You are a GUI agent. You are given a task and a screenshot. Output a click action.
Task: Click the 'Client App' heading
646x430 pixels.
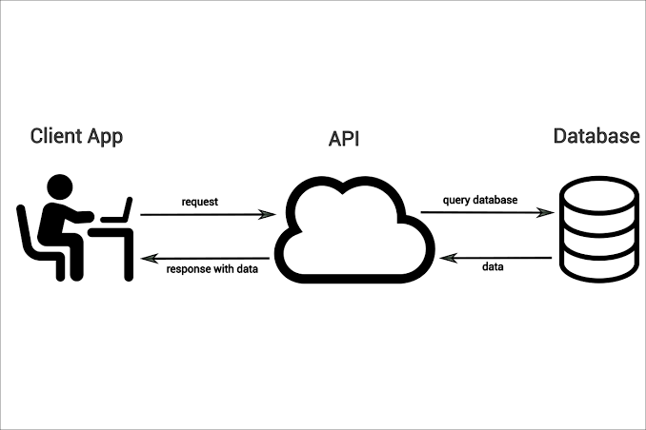pyautogui.click(x=76, y=136)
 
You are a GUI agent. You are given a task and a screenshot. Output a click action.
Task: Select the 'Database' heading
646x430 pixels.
pyautogui.click(x=596, y=136)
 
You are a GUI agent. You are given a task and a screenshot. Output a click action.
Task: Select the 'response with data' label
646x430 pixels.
pyautogui.click(x=212, y=269)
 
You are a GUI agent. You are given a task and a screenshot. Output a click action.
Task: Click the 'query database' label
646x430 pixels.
pyautogui.click(x=481, y=200)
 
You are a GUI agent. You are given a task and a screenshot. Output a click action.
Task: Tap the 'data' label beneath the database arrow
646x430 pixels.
pyautogui.click(x=493, y=267)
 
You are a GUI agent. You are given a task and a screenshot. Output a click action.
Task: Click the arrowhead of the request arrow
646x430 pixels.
pyautogui.click(x=270, y=215)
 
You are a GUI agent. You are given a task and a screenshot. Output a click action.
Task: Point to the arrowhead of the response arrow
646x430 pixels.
pyautogui.click(x=147, y=256)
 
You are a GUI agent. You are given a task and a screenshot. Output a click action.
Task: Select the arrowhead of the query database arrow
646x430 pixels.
pyautogui.click(x=551, y=212)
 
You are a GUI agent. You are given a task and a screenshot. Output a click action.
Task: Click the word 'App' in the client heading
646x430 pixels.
pyautogui.click(x=104, y=137)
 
